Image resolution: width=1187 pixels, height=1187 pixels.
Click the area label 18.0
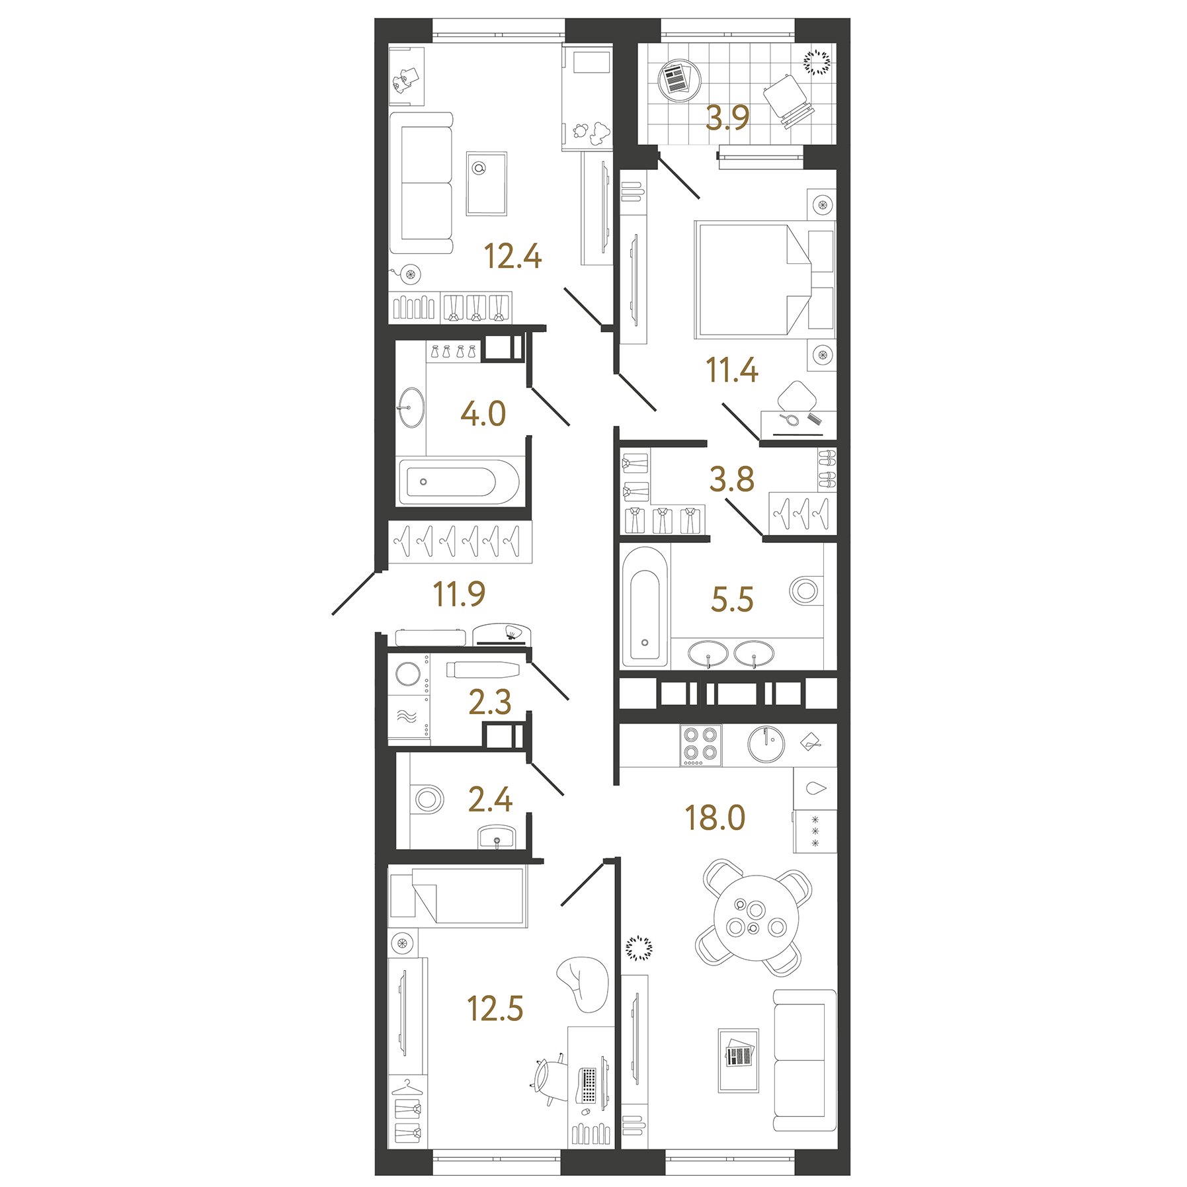[715, 818]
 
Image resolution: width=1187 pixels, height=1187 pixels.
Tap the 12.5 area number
[495, 1009]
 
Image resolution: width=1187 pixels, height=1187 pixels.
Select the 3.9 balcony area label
[727, 118]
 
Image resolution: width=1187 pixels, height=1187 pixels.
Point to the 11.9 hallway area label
[459, 594]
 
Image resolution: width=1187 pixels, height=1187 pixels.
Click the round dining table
[756, 918]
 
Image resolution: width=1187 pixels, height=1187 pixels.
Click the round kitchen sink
[766, 745]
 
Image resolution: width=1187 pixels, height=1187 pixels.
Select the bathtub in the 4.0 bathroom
[458, 482]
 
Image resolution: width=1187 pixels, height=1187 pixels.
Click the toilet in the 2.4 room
[428, 799]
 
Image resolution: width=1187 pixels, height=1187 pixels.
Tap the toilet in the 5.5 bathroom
[805, 591]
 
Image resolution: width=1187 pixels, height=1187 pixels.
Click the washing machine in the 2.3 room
[408, 675]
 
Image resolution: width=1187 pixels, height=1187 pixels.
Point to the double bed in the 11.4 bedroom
[754, 279]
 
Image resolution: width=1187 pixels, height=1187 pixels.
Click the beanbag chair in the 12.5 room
[583, 983]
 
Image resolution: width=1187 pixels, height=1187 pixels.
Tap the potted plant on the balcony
[816, 63]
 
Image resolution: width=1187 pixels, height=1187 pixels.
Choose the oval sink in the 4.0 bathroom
[411, 407]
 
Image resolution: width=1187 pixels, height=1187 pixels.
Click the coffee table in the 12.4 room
[486, 184]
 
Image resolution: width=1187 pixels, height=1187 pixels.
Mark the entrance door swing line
[354, 593]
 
